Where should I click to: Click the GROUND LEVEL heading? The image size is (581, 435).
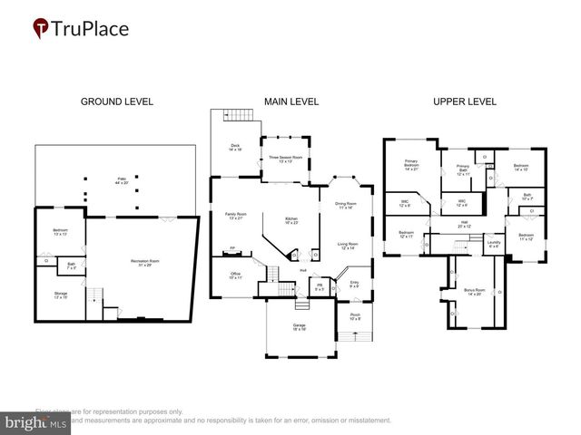click(117, 101)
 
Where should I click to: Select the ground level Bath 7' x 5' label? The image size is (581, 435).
click(71, 267)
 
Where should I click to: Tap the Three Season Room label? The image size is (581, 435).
click(285, 159)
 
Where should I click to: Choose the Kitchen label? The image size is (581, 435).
click(292, 220)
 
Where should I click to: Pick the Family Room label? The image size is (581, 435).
click(236, 216)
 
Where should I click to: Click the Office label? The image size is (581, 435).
click(235, 275)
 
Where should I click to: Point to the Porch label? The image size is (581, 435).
click(354, 317)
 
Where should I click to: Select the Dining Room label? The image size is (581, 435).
click(346, 206)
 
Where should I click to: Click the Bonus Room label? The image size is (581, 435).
click(474, 292)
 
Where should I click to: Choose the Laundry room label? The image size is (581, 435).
click(494, 243)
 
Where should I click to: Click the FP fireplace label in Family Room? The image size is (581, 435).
click(232, 248)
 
